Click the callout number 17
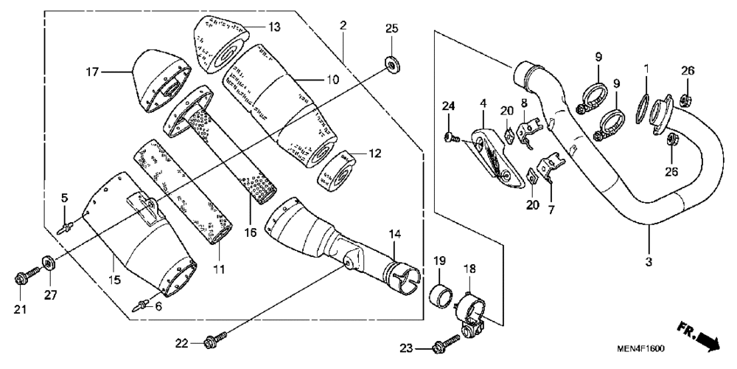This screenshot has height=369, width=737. tap(91, 72)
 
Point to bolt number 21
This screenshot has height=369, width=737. tap(21, 280)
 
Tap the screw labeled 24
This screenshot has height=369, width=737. tap(453, 137)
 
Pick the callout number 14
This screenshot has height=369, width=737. tap(395, 235)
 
